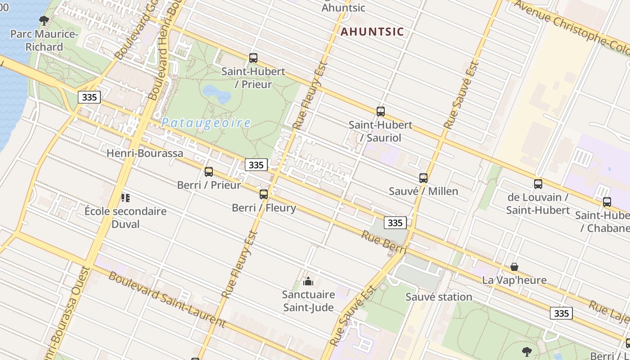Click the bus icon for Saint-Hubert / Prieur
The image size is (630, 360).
253,58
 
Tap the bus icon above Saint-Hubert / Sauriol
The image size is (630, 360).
381,111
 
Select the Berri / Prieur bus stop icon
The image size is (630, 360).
208,171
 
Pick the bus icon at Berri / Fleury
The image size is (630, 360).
264,194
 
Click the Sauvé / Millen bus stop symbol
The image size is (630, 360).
423,178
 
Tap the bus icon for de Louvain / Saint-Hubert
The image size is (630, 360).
538,184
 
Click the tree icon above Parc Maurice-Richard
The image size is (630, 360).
44,20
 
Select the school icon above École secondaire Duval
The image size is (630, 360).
126,198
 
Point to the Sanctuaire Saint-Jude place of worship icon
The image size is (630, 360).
308,282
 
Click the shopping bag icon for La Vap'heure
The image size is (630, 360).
514,267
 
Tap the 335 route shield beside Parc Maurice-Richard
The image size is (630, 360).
89,97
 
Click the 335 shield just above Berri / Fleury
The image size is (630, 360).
256,165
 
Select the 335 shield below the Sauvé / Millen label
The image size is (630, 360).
395,222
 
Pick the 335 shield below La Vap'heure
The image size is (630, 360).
561,313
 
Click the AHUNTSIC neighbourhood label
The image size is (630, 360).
372,32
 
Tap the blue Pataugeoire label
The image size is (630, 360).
206,123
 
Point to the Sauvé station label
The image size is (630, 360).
439,297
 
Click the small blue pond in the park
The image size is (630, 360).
216,94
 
